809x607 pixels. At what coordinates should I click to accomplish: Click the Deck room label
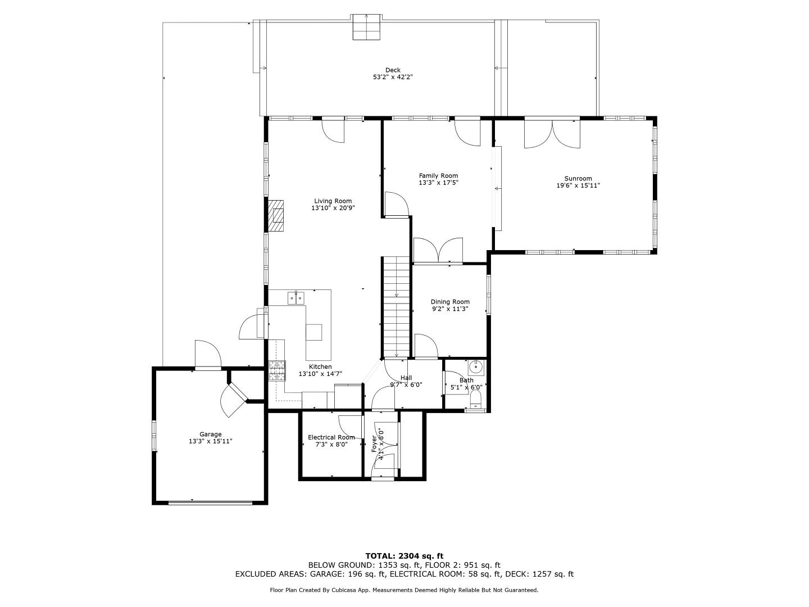point(393,70)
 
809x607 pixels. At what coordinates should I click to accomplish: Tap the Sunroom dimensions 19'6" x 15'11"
point(578,185)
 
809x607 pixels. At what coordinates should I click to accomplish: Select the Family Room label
point(438,176)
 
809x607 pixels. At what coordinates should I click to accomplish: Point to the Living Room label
point(333,201)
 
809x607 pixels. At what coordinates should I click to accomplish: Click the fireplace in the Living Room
point(276,216)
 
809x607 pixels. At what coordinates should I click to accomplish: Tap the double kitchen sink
point(296,298)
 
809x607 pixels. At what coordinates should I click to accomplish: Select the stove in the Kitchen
point(277,370)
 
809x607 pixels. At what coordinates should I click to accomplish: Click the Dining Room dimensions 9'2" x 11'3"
point(450,309)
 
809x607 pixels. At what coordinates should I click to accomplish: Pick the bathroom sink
point(476,367)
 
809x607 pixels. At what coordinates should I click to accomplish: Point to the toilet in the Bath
point(476,400)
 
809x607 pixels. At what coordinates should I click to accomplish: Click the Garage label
point(211,434)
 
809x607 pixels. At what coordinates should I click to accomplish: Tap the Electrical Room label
point(331,437)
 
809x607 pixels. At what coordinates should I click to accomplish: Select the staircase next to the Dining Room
point(397,307)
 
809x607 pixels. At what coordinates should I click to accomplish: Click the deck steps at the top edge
point(366,27)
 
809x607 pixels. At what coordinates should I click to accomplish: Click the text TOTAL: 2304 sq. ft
point(404,556)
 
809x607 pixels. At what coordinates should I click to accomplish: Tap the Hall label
point(406,378)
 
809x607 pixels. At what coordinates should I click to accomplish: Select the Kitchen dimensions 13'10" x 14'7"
point(320,374)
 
